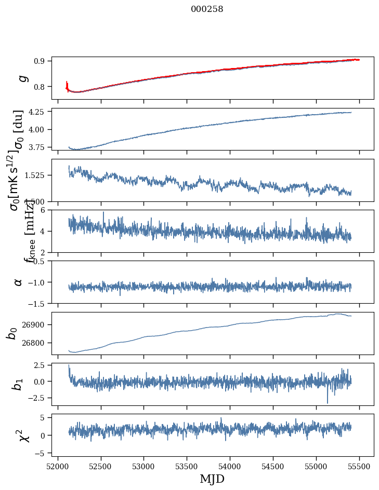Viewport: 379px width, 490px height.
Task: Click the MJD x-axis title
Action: pos(212,479)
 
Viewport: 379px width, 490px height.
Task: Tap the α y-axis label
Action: pos(19,282)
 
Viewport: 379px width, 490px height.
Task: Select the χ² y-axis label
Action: pos(23,435)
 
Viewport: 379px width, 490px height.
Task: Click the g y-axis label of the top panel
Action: pos(22,78)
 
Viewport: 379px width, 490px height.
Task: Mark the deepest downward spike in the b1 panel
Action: pos(328,402)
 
